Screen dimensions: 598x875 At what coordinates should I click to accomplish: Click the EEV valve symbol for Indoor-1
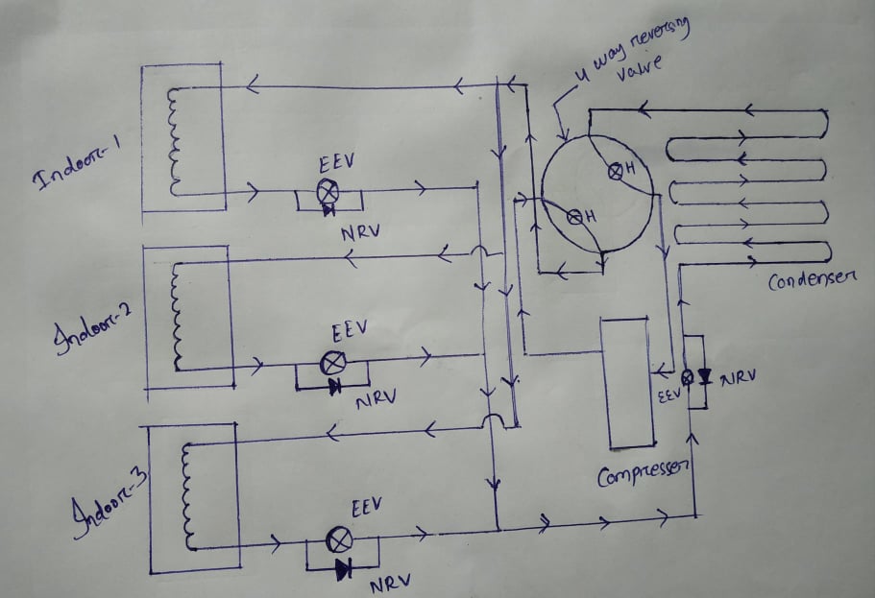[x=327, y=189]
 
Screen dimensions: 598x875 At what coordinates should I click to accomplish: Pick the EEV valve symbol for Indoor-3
[x=338, y=540]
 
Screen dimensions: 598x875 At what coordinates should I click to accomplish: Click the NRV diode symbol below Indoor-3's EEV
[x=343, y=569]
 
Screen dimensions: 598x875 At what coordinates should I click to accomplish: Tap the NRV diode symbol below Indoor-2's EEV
[x=334, y=387]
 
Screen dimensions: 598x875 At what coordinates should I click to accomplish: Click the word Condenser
[x=813, y=280]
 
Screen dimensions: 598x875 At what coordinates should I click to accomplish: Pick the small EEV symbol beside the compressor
[x=686, y=377]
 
